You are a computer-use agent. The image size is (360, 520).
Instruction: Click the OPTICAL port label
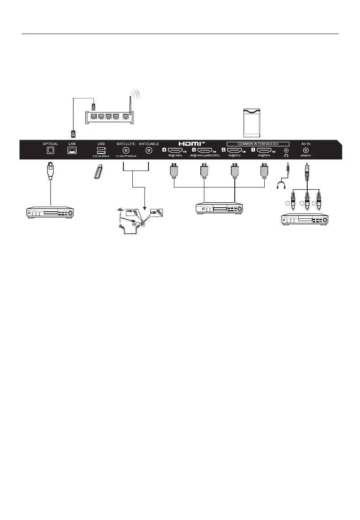coord(51,144)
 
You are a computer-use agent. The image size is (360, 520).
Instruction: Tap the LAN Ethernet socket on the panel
coord(71,151)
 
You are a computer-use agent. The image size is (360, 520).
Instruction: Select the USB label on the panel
coord(101,144)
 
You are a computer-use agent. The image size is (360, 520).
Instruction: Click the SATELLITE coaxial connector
coord(127,151)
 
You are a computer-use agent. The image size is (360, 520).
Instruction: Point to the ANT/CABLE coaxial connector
coord(149,151)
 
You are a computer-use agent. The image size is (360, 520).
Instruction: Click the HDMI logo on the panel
coord(191,144)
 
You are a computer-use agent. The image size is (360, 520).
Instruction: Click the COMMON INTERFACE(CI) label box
coord(258,144)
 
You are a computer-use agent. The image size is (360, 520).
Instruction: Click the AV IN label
coord(306,144)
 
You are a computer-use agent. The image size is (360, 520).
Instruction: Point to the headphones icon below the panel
coord(282,184)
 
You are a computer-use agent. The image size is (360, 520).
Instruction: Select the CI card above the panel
coord(254,122)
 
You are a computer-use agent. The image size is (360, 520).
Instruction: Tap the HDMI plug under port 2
coord(233,171)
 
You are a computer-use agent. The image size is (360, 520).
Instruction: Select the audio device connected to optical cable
coord(50,211)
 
